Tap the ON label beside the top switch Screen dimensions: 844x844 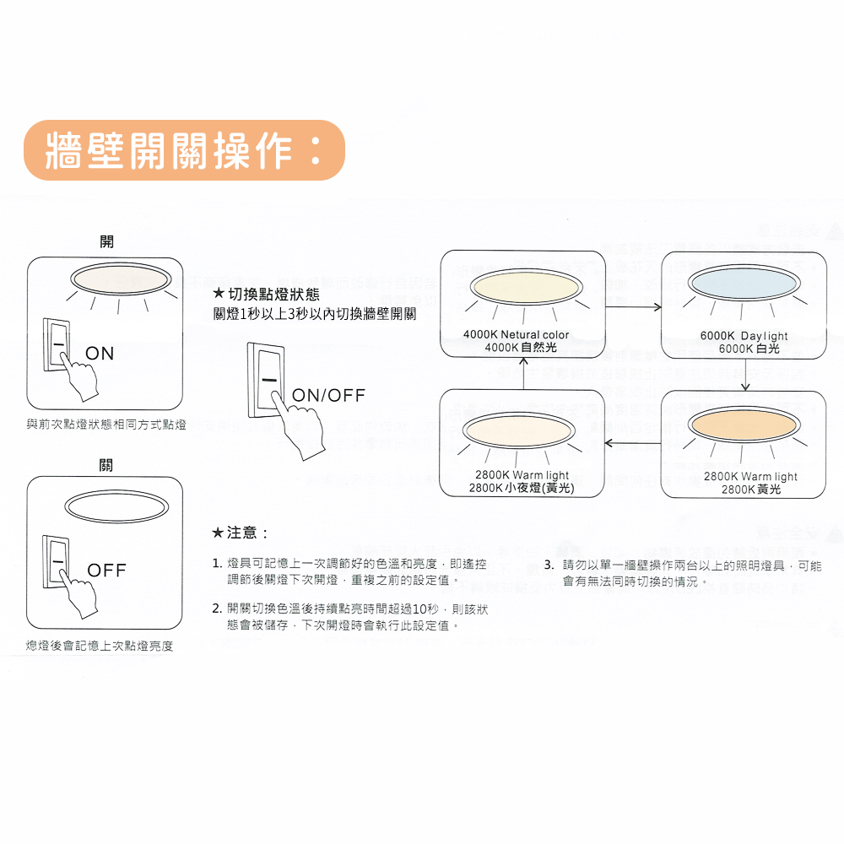tap(100, 354)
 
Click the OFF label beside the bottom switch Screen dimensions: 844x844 tap(106, 571)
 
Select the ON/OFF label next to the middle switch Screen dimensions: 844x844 tap(328, 396)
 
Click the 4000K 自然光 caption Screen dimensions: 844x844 tap(521, 347)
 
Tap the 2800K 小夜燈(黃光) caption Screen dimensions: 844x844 tap(522, 488)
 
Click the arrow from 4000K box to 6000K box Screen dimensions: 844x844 tap(632, 306)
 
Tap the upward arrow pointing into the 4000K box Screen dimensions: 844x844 tap(523, 372)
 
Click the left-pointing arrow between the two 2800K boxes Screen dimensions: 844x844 tap(633, 441)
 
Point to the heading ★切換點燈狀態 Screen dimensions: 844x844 tap(265, 295)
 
